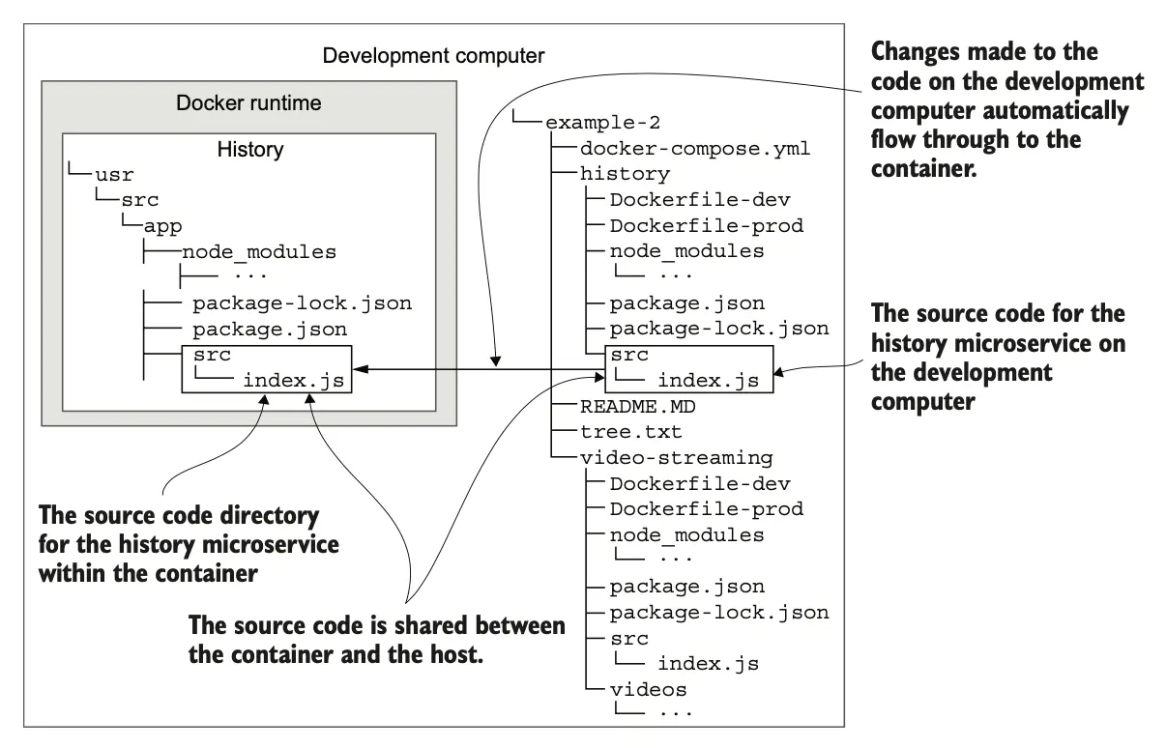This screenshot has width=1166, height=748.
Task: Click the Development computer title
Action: click(x=433, y=55)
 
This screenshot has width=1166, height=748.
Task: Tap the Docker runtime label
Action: click(x=248, y=102)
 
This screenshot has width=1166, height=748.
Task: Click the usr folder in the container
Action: click(x=114, y=175)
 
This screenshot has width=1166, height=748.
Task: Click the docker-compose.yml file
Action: click(x=694, y=149)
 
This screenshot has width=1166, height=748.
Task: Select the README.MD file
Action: click(x=637, y=406)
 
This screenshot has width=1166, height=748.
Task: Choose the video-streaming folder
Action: click(x=676, y=457)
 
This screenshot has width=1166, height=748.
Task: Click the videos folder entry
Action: click(x=648, y=689)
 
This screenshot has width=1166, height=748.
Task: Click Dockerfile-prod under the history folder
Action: click(x=706, y=226)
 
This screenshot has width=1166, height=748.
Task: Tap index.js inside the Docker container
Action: click(x=293, y=380)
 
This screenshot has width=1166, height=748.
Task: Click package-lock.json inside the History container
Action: click(x=302, y=303)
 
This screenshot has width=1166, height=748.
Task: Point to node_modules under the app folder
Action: click(x=258, y=252)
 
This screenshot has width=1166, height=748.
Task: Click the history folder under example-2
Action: click(x=625, y=174)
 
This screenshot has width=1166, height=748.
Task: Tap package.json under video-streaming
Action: click(x=686, y=586)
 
